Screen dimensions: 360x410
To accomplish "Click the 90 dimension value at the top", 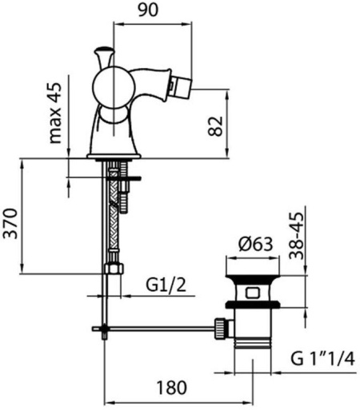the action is (148, 10).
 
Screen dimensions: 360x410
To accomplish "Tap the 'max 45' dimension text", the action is (55, 113).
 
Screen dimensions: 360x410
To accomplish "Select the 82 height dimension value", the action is (215, 126).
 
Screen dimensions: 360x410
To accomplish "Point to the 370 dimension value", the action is (10, 223).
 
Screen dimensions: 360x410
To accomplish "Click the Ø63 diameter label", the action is (256, 244).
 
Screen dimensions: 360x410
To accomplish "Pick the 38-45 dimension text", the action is (297, 236).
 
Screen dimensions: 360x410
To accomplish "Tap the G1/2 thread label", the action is (166, 285).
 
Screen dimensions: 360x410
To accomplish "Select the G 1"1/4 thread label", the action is (322, 359).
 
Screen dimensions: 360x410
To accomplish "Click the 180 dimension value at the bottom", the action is (171, 388).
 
